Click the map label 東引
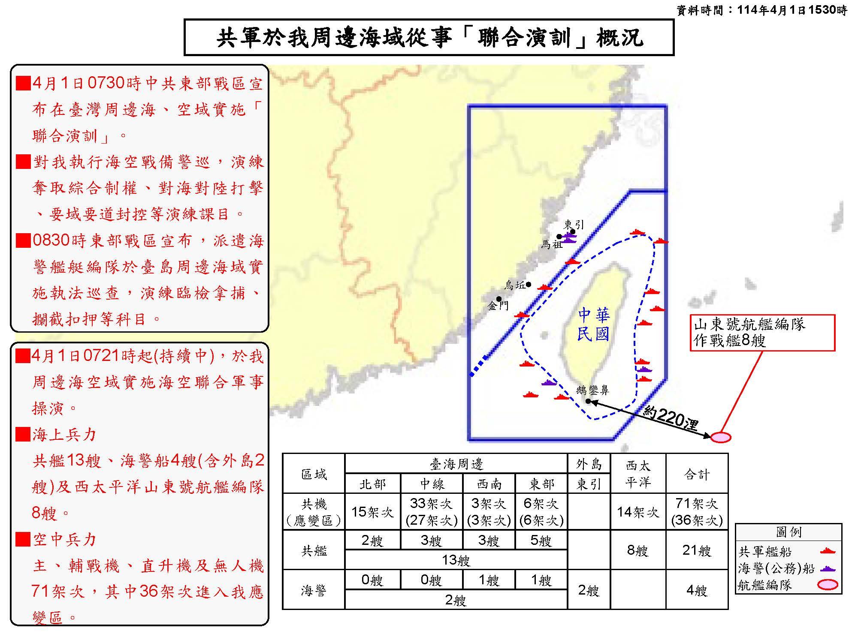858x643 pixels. tap(574, 225)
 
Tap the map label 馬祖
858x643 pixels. tap(551, 245)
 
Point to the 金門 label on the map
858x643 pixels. tap(498, 306)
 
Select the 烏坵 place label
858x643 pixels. tap(515, 285)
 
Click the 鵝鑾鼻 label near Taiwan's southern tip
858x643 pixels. tap(592, 390)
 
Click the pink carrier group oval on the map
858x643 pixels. tap(720, 437)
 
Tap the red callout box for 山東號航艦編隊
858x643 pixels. tap(762, 333)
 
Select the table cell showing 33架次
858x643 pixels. tap(431, 503)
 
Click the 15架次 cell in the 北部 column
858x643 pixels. tap(372, 511)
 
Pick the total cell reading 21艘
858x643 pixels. tap(697, 550)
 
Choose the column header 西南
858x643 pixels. tap(489, 484)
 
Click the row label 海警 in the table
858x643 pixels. tap(314, 590)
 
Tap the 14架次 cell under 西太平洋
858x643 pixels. tap(637, 511)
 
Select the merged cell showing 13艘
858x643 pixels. tap(456, 560)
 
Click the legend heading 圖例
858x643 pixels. tap(789, 532)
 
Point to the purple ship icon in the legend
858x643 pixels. tap(828, 569)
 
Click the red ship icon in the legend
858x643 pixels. tap(828, 552)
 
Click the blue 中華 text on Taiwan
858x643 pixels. tap(593, 315)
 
